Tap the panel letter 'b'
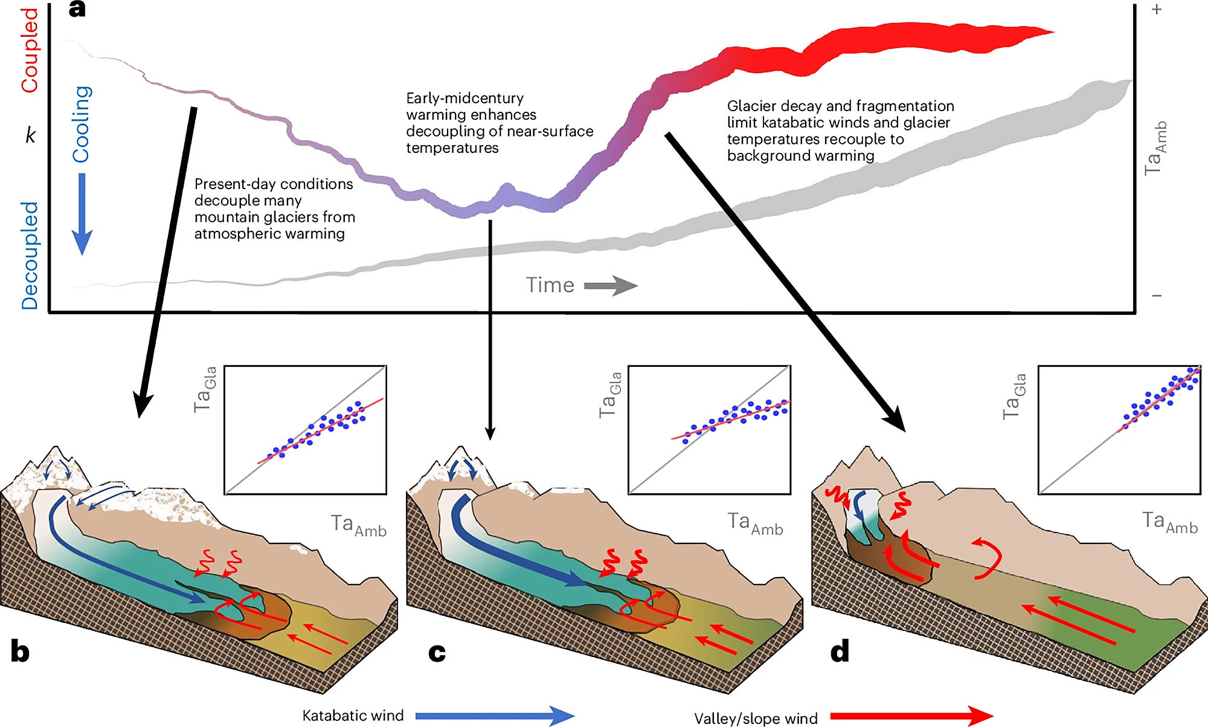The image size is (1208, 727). pyautogui.click(x=20, y=651)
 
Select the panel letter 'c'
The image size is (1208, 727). pyautogui.click(x=437, y=653)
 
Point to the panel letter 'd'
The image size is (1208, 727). pyautogui.click(x=840, y=651)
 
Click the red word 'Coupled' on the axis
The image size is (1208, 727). pyautogui.click(x=30, y=50)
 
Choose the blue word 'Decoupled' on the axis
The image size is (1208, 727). pyautogui.click(x=30, y=256)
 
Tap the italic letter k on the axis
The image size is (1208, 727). pyautogui.click(x=30, y=135)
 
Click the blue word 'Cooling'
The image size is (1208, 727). pyautogui.click(x=82, y=124)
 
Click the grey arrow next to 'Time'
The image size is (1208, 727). pyautogui.click(x=611, y=285)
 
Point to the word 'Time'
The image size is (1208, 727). pyautogui.click(x=550, y=285)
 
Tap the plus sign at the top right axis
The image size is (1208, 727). pyautogui.click(x=1157, y=10)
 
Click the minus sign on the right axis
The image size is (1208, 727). pyautogui.click(x=1157, y=296)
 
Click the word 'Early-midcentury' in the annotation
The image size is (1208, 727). pyautogui.click(x=464, y=98)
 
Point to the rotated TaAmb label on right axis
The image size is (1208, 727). pyautogui.click(x=1155, y=149)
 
